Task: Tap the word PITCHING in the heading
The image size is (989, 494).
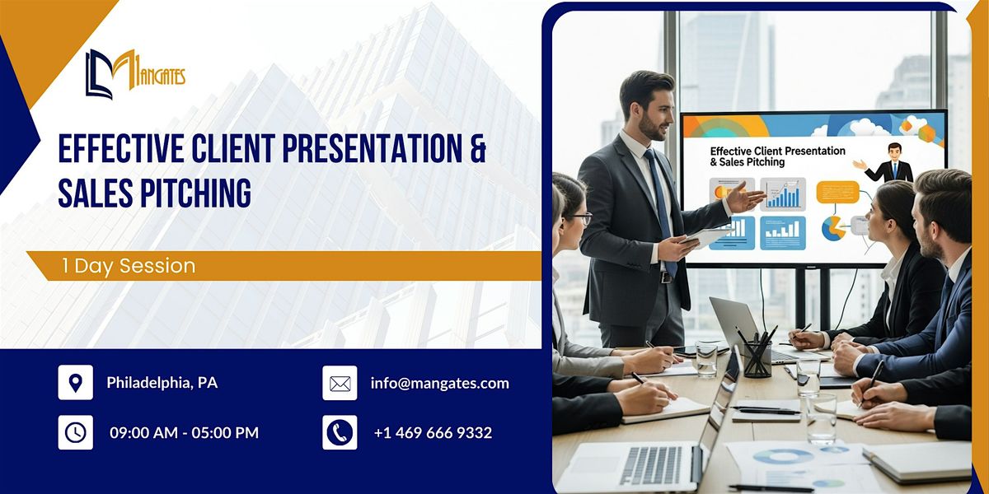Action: pos(190,193)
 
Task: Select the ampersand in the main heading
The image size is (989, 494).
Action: pos(476,150)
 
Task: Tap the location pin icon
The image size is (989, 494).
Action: pos(75,383)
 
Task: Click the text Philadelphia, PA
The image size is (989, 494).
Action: pos(162,383)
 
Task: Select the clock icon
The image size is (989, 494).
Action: pos(75,432)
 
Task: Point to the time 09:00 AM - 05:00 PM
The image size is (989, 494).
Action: pos(184,432)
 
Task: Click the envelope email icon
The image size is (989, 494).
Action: pos(340,383)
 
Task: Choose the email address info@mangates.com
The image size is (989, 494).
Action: pos(439,383)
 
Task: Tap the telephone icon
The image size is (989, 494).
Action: pos(340,432)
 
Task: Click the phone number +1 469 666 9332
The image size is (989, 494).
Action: pos(433,432)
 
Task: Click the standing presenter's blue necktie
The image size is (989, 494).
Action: pos(661,206)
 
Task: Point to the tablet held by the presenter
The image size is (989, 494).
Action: pos(705,238)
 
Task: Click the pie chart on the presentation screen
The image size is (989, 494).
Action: pos(833,228)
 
